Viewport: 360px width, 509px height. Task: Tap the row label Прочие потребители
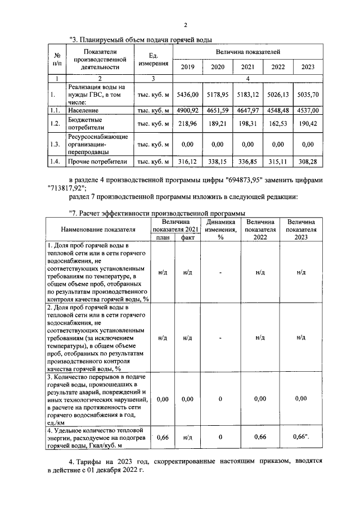coord(97,162)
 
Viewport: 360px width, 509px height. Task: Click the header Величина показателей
coord(247,52)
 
